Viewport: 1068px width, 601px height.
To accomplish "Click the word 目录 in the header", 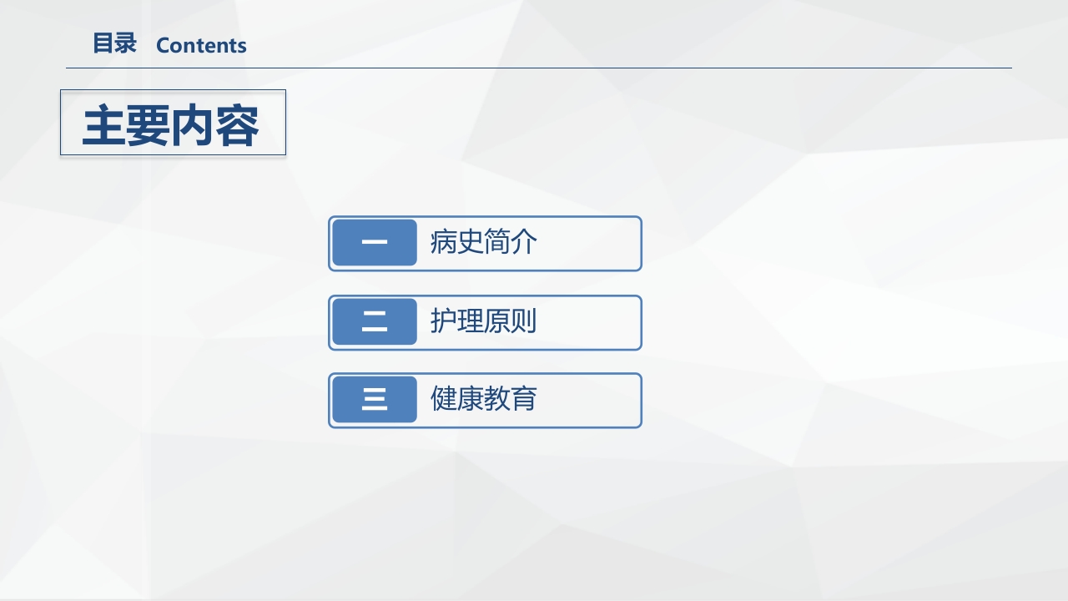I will pyautogui.click(x=114, y=44).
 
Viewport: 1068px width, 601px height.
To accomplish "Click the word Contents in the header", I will pyautogui.click(x=201, y=46).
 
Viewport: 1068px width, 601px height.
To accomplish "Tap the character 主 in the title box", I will pyautogui.click(x=104, y=126).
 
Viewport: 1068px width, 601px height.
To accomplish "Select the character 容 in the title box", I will pyautogui.click(x=237, y=126).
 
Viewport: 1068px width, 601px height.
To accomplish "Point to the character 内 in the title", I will pyautogui.click(x=193, y=126).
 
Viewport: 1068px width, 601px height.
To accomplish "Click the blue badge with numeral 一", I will pyautogui.click(x=375, y=243).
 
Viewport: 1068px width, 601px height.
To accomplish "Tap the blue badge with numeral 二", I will pyautogui.click(x=375, y=322).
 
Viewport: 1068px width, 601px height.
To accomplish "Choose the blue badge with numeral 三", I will pyautogui.click(x=375, y=400).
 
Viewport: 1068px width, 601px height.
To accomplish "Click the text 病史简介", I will pyautogui.click(x=483, y=243).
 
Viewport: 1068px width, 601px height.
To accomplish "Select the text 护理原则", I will pyautogui.click(x=483, y=321).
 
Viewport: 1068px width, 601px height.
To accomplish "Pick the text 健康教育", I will pyautogui.click(x=483, y=399).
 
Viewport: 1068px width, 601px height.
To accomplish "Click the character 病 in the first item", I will pyautogui.click(x=444, y=243).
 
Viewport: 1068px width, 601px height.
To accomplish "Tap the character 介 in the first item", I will pyautogui.click(x=523, y=243).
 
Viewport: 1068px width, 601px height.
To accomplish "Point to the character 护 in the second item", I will pyautogui.click(x=444, y=321).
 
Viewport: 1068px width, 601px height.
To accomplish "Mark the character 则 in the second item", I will pyautogui.click(x=523, y=321).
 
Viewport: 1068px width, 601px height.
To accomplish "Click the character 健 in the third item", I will pyautogui.click(x=444, y=399).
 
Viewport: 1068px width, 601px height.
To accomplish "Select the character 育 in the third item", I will pyautogui.click(x=523, y=399).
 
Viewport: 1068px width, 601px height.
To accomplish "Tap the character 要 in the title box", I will pyautogui.click(x=149, y=126).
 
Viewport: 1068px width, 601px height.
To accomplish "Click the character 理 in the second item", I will pyautogui.click(x=471, y=321).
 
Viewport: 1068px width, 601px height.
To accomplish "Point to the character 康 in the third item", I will pyautogui.click(x=471, y=399).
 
